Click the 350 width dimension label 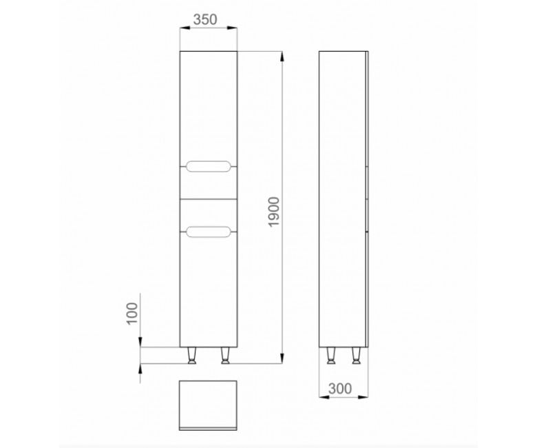[x=205, y=19]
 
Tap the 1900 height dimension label [x=274, y=212]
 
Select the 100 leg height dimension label [x=132, y=314]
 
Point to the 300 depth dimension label [x=340, y=389]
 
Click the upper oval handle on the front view [x=208, y=166]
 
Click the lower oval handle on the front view [x=208, y=232]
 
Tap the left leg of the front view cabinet [x=192, y=355]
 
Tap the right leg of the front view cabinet [x=225, y=355]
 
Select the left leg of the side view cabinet [x=330, y=355]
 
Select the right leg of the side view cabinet [x=356, y=355]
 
